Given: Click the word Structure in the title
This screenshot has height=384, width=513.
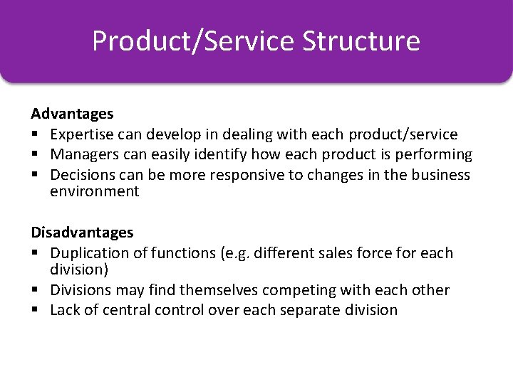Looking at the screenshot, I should click(x=361, y=41).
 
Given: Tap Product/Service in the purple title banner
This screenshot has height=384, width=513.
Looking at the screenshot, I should click(x=193, y=41).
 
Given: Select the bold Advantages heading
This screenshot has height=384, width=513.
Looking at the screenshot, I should click(x=72, y=114).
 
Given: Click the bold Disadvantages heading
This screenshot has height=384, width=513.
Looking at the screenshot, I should click(x=82, y=233).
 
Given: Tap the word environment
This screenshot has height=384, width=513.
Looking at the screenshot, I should click(x=95, y=191).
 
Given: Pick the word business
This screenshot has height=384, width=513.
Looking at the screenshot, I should click(x=440, y=174).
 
